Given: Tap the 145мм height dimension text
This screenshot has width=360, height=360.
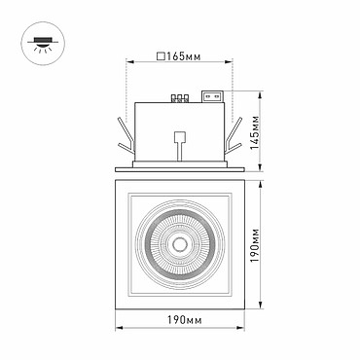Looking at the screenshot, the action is [x=256, y=131].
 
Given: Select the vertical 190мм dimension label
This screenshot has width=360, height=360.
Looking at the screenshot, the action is [x=256, y=245].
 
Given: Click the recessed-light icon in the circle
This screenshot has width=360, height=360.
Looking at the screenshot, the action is [x=43, y=44].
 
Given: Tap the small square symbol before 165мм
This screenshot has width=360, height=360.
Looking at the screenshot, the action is [x=161, y=56].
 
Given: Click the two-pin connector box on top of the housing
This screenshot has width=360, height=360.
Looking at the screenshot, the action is [x=213, y=96].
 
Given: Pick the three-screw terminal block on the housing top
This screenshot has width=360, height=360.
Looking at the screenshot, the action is [x=180, y=98].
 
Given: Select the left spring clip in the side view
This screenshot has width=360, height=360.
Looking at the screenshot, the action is [x=126, y=136].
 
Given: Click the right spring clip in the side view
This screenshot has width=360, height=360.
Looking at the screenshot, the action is [x=233, y=136].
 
